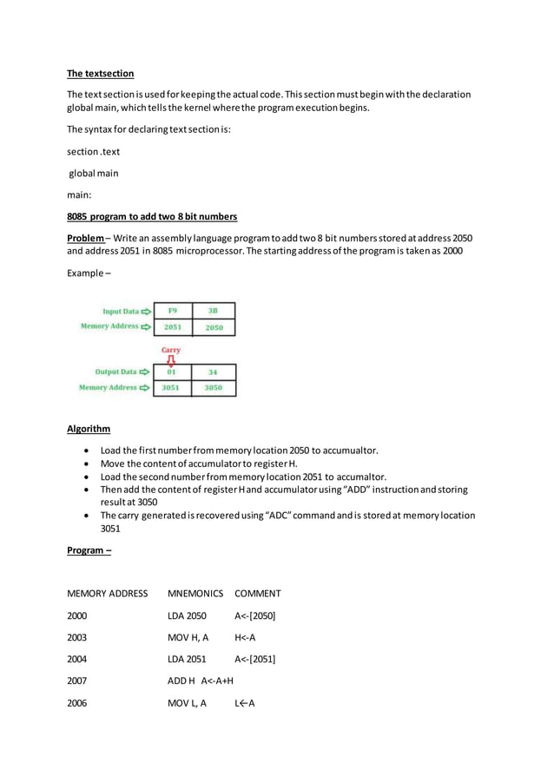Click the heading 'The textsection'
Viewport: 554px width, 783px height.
(101, 74)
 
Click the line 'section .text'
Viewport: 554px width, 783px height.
(93, 152)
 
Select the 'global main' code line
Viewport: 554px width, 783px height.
(94, 174)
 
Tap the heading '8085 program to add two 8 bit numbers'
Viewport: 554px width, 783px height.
(152, 216)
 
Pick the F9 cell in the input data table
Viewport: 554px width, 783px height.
(173, 311)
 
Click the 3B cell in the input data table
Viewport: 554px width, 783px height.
(214, 311)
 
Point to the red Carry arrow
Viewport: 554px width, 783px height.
(171, 359)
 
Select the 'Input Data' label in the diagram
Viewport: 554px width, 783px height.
(121, 311)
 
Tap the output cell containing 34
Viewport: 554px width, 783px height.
(214, 372)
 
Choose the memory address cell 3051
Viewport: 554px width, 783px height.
(172, 388)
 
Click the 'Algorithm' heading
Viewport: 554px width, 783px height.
(89, 429)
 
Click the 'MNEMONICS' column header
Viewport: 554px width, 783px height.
(195, 594)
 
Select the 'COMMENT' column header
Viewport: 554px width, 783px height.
(257, 594)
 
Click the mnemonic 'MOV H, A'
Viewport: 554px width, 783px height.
(188, 637)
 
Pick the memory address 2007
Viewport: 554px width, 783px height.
(77, 681)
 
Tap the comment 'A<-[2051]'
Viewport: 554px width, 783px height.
(254, 659)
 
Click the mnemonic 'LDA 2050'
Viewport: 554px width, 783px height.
(187, 615)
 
